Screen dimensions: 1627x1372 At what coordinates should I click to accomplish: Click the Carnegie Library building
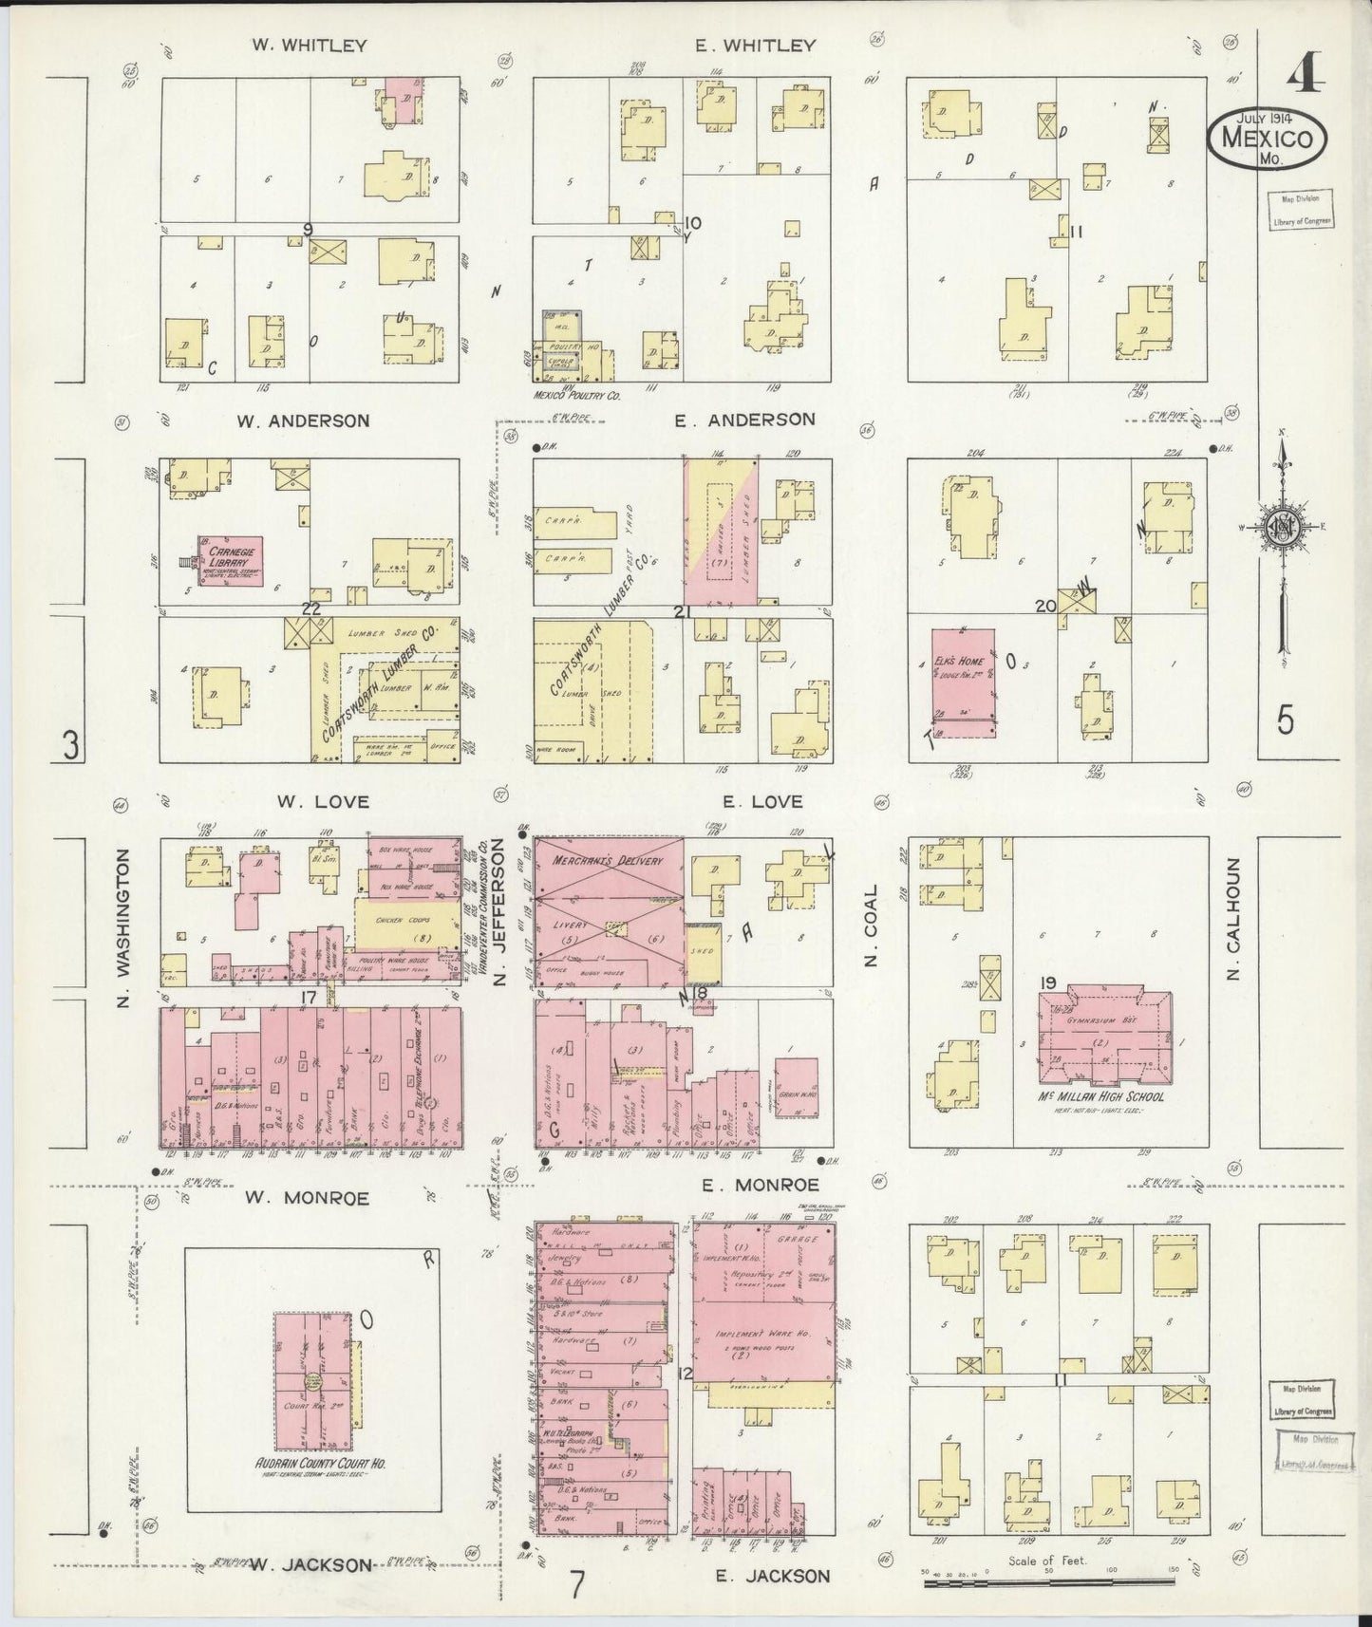(231, 561)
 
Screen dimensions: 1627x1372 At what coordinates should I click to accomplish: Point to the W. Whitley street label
(310, 45)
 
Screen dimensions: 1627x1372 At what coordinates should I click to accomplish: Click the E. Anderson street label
(744, 419)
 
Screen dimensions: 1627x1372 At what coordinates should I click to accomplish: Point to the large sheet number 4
(1306, 73)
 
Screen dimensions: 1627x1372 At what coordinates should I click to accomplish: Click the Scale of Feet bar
(1049, 1580)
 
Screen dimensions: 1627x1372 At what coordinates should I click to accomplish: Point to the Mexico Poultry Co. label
(576, 395)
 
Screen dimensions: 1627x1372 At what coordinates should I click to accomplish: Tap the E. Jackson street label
(772, 1577)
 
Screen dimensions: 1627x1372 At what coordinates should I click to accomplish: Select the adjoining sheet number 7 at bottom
(577, 1583)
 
